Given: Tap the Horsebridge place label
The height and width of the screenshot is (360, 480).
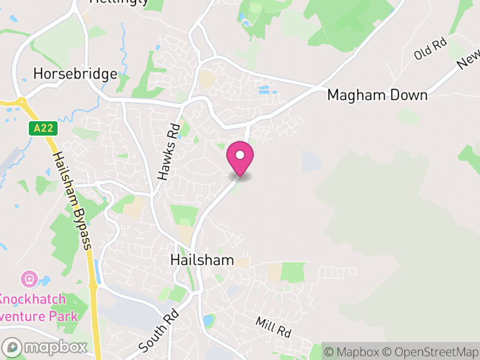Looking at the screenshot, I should coord(75,74).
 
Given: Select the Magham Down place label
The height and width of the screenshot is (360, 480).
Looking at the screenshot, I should coord(377,95).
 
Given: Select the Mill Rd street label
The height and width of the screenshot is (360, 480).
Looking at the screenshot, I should coord(272,328).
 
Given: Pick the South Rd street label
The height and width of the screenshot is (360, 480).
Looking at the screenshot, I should coord(158,331).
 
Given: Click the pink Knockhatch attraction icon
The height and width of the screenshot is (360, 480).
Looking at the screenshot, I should coord(28,279).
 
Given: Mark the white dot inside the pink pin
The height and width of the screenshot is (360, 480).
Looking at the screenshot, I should coord(240,155).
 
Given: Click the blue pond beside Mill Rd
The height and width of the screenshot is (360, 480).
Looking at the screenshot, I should coord(208,320).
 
